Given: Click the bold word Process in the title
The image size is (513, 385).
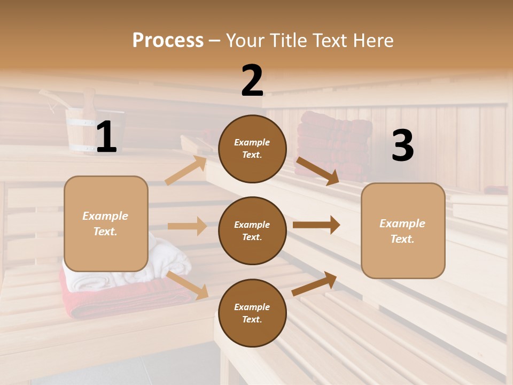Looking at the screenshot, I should (168, 40).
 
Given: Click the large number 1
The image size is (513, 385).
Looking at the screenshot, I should (106, 137).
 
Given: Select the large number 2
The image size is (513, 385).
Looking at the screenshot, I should (252, 81).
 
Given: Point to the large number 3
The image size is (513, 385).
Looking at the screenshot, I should (402, 145).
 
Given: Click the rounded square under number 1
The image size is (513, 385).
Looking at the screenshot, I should (106, 224).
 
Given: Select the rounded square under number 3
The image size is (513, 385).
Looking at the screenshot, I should (403, 230).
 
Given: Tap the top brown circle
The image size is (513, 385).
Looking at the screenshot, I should (252, 149).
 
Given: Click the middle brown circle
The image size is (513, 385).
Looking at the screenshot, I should (252, 230).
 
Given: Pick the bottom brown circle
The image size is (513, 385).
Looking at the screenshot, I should (252, 313).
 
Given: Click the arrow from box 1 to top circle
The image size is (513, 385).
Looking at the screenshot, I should (186, 170).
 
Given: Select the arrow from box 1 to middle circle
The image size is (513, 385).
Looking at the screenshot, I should (187, 226).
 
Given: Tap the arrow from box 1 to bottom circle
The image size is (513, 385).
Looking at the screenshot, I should (188, 284).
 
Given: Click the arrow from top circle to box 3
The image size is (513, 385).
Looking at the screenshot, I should (317, 171).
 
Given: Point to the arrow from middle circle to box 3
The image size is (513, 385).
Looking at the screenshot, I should (316, 225).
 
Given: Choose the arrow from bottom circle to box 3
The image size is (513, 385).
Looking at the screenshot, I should (314, 283).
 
